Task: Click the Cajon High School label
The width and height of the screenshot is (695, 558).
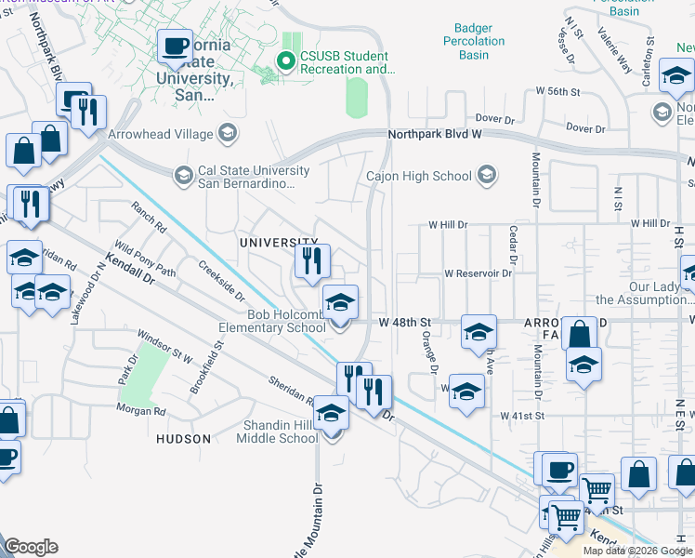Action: pos(419,176)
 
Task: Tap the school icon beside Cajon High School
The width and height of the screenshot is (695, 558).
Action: pos(486,175)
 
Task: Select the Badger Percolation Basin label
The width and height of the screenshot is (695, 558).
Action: pos(480,41)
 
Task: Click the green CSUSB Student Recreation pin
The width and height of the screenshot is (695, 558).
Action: pos(285,62)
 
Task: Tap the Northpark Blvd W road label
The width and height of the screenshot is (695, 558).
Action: pos(435,134)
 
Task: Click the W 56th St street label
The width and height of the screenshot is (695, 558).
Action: pos(557,92)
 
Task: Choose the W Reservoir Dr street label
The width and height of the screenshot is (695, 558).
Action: pos(479,273)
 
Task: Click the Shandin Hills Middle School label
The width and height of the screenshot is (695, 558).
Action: pos(281,432)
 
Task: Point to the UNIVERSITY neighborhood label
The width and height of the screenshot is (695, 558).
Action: pos(272,243)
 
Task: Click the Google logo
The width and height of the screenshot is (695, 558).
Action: pos(31,547)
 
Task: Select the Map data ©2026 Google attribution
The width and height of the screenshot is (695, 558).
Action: pos(637,551)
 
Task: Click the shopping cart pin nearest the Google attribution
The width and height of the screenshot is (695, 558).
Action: pos(564,516)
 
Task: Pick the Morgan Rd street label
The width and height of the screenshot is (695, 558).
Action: pos(141,409)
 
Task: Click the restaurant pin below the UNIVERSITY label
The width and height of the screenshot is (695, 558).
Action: pos(313,261)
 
